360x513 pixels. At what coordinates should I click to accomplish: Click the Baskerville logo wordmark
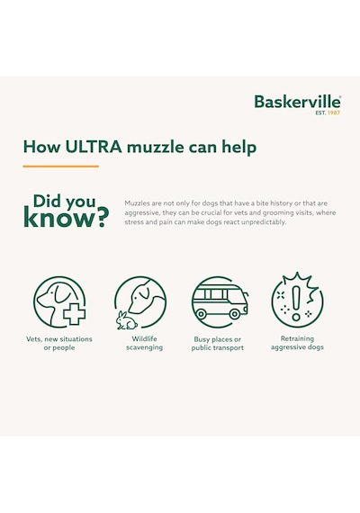tap(298, 102)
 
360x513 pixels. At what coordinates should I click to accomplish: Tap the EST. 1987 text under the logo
tap(328, 112)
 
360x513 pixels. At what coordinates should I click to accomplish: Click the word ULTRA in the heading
tap(94, 147)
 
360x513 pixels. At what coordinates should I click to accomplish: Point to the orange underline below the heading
tap(61, 166)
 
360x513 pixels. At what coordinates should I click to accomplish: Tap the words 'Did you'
tap(64, 202)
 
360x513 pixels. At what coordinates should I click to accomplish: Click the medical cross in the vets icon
tap(75, 314)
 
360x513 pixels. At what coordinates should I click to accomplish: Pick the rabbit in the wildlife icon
tap(126, 320)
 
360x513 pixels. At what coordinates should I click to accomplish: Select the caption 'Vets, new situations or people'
tap(59, 343)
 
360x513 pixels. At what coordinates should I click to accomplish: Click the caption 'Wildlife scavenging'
tap(144, 343)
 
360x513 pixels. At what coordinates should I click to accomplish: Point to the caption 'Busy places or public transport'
tap(218, 344)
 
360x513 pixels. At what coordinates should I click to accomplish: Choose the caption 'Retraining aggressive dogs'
tap(297, 343)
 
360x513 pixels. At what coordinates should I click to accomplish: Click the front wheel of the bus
tap(234, 314)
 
